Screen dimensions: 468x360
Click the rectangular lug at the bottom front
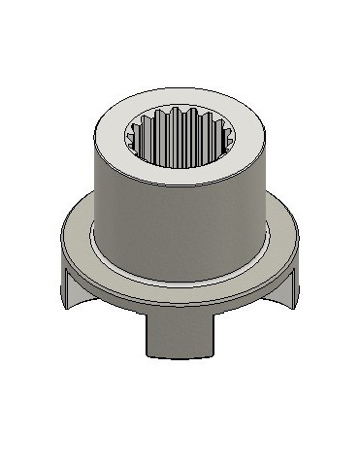click(180, 335)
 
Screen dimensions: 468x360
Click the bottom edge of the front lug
click(180, 355)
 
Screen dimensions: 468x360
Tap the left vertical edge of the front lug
click(148, 335)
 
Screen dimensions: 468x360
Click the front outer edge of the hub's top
click(180, 190)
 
